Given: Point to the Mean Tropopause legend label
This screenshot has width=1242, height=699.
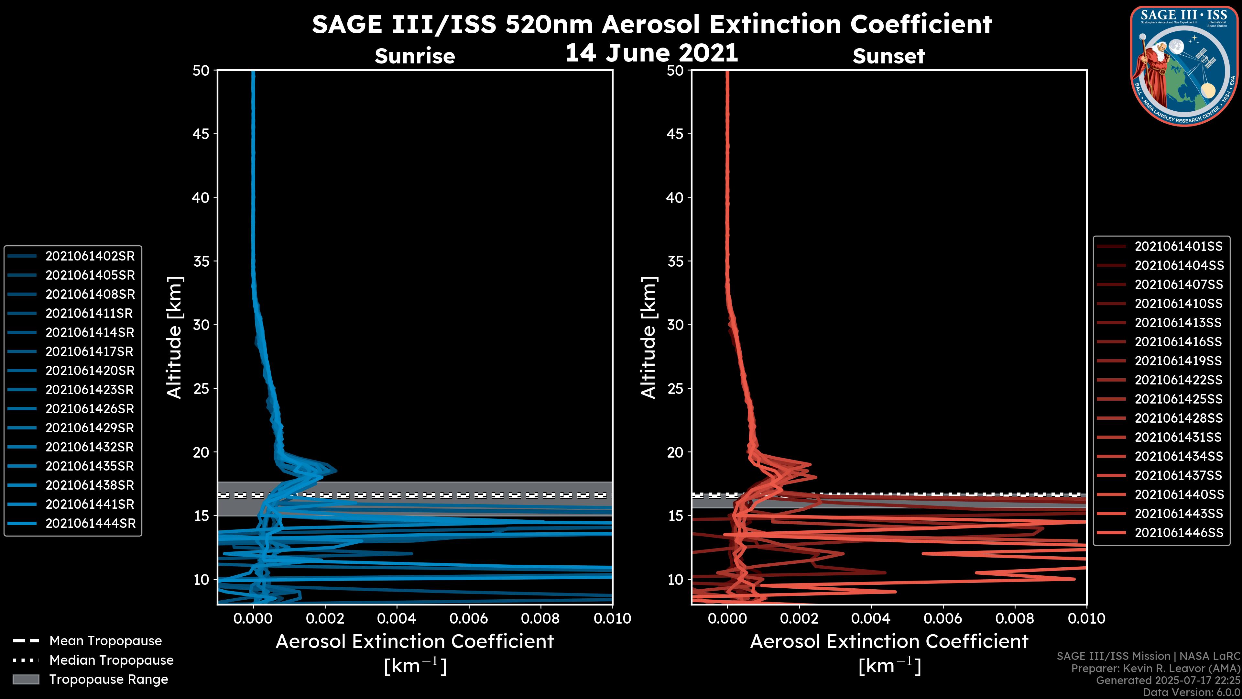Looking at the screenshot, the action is pos(105,641).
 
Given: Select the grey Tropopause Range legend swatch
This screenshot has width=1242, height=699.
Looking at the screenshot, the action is pos(26,679).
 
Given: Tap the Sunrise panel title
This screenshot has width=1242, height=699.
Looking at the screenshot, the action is pos(415,56).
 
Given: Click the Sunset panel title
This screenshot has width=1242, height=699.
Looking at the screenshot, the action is pos(888,56).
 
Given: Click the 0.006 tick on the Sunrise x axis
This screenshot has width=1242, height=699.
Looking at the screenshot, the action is pos(469,618).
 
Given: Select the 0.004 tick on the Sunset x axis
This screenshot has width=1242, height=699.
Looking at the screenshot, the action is pos(871,618).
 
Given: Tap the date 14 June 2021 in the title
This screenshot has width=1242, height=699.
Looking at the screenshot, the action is pos(651,53).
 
